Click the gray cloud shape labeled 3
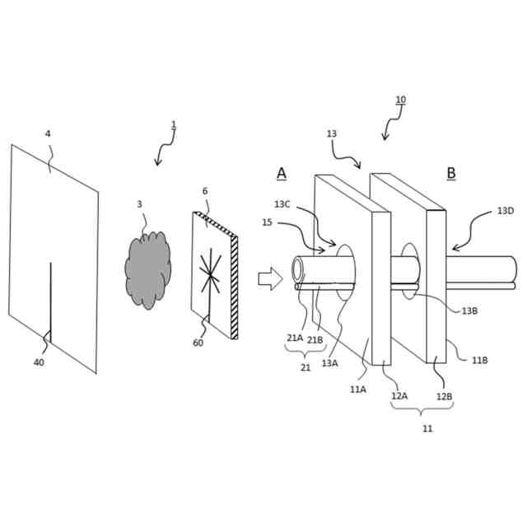[148, 269]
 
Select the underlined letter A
[282, 173]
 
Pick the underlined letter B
[451, 173]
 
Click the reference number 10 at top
[400, 100]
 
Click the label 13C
[282, 204]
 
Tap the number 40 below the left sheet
[39, 362]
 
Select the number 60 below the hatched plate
[198, 343]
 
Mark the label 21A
[294, 338]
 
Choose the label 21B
[315, 339]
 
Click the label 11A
[358, 389]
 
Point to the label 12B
[444, 396]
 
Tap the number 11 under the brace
[427, 428]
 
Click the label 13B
[469, 310]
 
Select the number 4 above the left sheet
[48, 133]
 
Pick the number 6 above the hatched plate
[205, 191]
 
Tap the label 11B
[479, 360]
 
